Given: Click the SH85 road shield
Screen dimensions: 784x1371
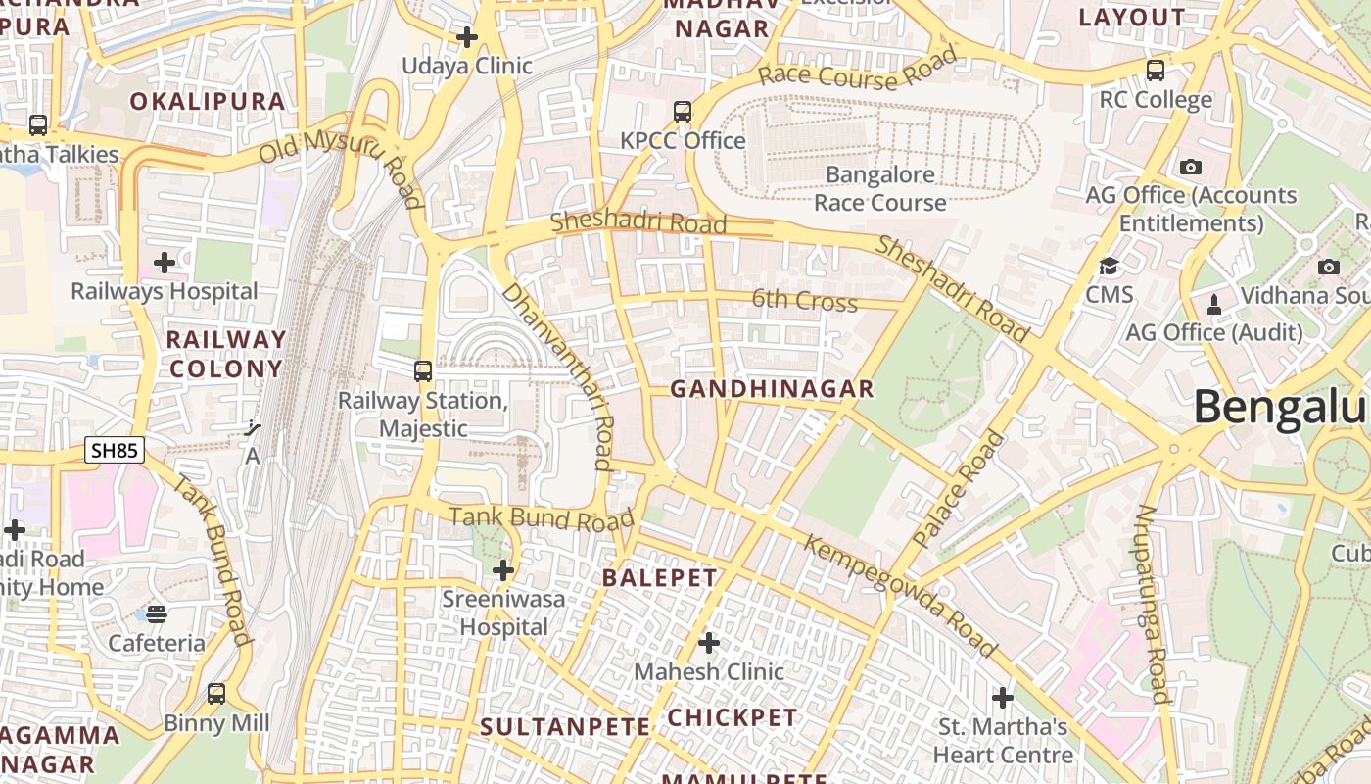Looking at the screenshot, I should pyautogui.click(x=115, y=451).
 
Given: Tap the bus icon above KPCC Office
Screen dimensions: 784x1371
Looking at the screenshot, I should pyautogui.click(x=683, y=112).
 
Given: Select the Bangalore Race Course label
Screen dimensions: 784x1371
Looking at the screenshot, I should pyautogui.click(x=879, y=189).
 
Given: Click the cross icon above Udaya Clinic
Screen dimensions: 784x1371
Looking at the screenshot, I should pyautogui.click(x=467, y=37).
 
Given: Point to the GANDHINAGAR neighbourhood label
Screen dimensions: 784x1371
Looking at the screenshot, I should pyautogui.click(x=772, y=389).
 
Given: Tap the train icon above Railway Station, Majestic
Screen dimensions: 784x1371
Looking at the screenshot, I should pyautogui.click(x=423, y=371).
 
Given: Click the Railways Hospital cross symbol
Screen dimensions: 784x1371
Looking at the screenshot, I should pyautogui.click(x=165, y=263).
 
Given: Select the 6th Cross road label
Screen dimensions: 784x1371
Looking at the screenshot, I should pyautogui.click(x=804, y=300).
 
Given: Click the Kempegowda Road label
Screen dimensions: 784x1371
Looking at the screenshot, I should pyautogui.click(x=900, y=595).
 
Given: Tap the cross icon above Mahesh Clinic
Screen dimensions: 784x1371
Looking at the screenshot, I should pyautogui.click(x=709, y=643).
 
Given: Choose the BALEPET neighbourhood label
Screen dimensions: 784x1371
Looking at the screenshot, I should pyautogui.click(x=660, y=577).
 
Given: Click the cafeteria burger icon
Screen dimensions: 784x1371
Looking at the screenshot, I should pyautogui.click(x=157, y=614).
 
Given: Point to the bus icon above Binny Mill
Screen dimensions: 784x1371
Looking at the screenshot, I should pyautogui.click(x=216, y=694).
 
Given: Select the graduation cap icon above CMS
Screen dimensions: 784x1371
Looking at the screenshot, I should pyautogui.click(x=1109, y=267).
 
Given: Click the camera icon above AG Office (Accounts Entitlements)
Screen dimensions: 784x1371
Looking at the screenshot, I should pyautogui.click(x=1191, y=167).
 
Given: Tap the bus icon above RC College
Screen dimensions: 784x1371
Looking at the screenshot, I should pyautogui.click(x=1156, y=71).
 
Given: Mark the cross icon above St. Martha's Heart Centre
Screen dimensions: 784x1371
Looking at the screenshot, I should pyautogui.click(x=1003, y=698).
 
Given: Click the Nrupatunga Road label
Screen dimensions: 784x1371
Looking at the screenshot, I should pyautogui.click(x=1153, y=605).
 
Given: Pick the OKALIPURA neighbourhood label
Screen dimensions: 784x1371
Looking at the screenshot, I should pyautogui.click(x=208, y=101).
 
